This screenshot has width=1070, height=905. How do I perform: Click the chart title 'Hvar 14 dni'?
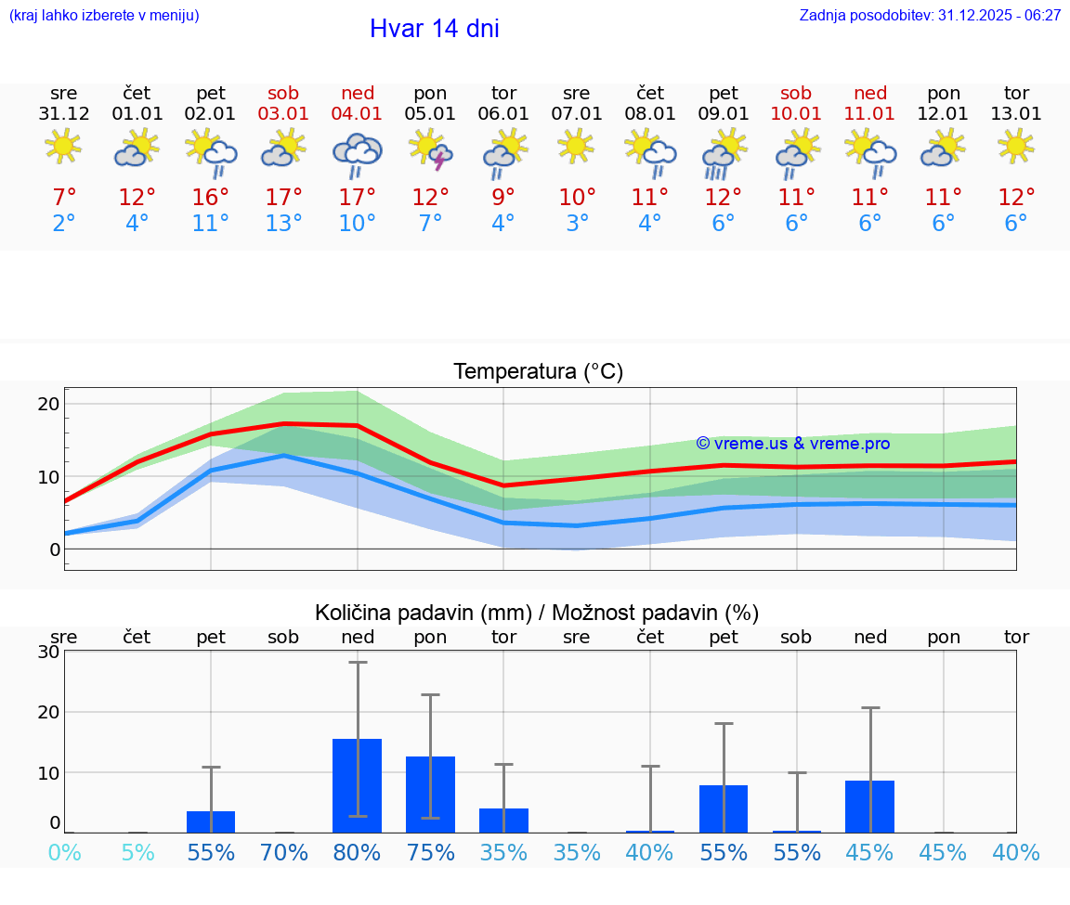click(x=434, y=29)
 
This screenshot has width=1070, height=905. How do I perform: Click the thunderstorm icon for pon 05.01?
click(x=430, y=150)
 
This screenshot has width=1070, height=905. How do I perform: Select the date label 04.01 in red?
click(x=358, y=114)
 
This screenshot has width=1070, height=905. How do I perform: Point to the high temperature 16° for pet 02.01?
click(x=211, y=198)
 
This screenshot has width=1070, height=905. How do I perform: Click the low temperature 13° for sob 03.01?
click(x=284, y=224)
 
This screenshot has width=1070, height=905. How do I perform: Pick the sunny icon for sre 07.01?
click(x=576, y=146)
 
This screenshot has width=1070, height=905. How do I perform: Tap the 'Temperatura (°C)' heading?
click(x=538, y=372)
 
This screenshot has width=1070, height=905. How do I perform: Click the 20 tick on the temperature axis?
click(x=49, y=404)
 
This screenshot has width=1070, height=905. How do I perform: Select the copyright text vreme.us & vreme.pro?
click(x=792, y=444)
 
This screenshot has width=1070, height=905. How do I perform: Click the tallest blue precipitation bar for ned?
click(x=358, y=785)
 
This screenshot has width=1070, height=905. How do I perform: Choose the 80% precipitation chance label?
click(x=358, y=853)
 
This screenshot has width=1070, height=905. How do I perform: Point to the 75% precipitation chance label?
click(x=430, y=853)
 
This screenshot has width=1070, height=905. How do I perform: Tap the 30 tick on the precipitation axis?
click(x=49, y=652)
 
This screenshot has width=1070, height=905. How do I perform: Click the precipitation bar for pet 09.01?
click(x=724, y=808)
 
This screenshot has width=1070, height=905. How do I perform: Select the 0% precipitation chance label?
click(x=64, y=853)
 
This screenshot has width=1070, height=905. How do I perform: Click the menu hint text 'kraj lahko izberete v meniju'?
click(x=103, y=15)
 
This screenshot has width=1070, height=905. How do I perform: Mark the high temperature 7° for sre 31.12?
click(x=64, y=198)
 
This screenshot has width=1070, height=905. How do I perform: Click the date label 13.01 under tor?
click(x=1016, y=114)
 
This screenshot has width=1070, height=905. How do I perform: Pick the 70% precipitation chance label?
click(x=284, y=853)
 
